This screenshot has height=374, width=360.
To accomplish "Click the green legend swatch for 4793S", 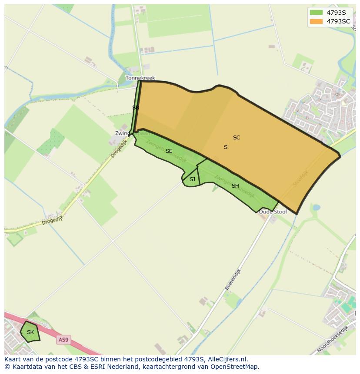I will (316, 12).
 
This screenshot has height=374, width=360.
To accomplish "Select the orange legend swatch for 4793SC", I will (316, 21).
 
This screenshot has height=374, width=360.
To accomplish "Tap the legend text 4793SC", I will (338, 21).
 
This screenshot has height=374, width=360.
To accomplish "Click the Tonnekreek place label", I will (140, 78).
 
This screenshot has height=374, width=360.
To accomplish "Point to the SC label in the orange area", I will (237, 138).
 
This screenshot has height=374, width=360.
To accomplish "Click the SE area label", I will (169, 151).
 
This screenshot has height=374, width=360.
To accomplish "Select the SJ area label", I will (192, 179).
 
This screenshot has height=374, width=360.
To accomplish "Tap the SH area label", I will (235, 186).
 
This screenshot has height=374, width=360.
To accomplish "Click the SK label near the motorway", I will (30, 332).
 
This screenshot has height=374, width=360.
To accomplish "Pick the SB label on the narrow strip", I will (136, 108).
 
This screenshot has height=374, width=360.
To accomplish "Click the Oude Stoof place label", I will (273, 212).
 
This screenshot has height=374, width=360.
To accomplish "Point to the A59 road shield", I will (63, 340).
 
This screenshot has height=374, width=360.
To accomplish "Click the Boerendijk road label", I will (233, 279).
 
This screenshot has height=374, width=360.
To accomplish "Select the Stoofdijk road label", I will (300, 178).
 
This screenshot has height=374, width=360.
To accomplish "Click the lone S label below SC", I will (226, 147).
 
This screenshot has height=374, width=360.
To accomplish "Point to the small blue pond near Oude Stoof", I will (316, 208).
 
